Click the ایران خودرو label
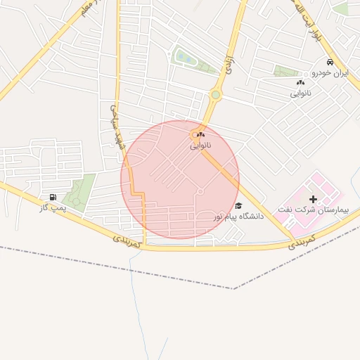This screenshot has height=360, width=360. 330,73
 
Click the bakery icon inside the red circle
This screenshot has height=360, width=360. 200,134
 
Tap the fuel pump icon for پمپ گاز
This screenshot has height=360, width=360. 53,197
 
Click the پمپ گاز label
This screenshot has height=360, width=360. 53,208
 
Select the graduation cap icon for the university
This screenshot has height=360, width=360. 238,206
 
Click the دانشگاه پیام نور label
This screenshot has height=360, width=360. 239,217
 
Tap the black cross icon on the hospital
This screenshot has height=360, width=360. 313,200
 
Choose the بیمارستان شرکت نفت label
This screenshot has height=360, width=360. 313,210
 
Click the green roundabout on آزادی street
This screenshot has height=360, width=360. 215,94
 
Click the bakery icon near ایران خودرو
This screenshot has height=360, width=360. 300,83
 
